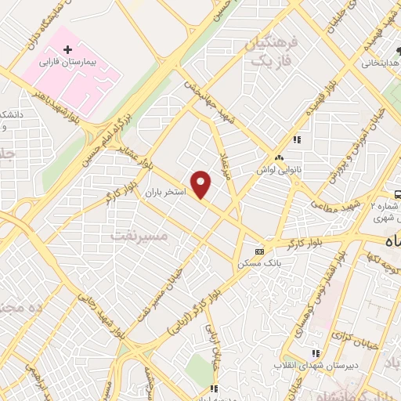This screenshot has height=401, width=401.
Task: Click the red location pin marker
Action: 202,185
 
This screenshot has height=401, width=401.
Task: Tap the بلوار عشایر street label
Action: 129,146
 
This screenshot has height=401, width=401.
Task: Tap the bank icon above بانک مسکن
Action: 259,251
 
